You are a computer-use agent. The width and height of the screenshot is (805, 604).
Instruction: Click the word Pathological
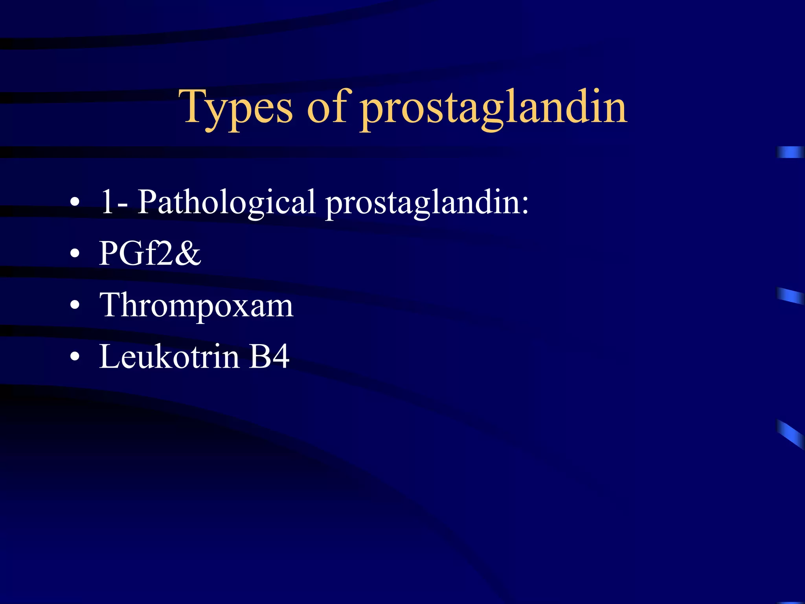click(226, 203)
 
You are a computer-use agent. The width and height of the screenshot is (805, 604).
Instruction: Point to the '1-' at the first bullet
click(114, 202)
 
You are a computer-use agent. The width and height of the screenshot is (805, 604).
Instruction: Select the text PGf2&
click(150, 254)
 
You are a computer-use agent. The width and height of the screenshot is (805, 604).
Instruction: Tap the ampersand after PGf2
click(188, 254)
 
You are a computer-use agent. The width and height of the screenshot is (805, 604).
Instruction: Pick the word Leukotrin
click(169, 357)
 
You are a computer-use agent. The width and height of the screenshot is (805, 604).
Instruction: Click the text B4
click(269, 357)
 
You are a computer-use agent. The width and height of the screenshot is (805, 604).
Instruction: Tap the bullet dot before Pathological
click(75, 203)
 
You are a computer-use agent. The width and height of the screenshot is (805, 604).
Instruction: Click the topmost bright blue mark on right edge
click(790, 152)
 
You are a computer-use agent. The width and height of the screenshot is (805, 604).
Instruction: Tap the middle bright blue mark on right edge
click(790, 296)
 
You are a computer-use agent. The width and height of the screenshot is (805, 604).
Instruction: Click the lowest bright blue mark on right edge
click(790, 434)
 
